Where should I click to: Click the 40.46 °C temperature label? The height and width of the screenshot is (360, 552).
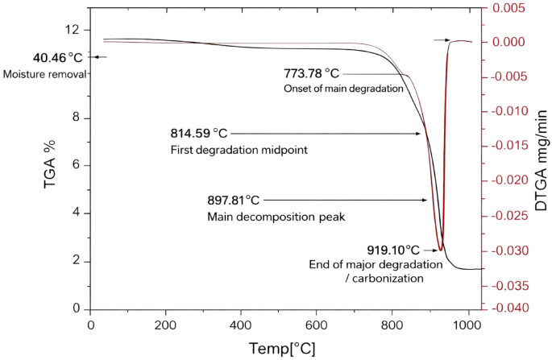coord(57,58)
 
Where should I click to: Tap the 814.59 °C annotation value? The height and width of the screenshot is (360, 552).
coord(199,134)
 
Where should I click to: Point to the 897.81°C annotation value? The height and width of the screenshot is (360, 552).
coord(234,200)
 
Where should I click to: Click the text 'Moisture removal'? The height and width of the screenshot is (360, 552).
coord(44,74)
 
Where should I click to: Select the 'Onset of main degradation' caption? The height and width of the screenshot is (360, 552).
coord(343,89)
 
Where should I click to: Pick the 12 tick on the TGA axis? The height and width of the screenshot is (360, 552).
coord(74,30)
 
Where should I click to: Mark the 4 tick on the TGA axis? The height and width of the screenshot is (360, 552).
coord(77,213)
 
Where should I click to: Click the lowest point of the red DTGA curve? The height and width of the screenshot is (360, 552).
coord(440,250)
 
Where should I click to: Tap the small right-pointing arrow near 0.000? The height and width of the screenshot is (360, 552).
coord(442,39)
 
